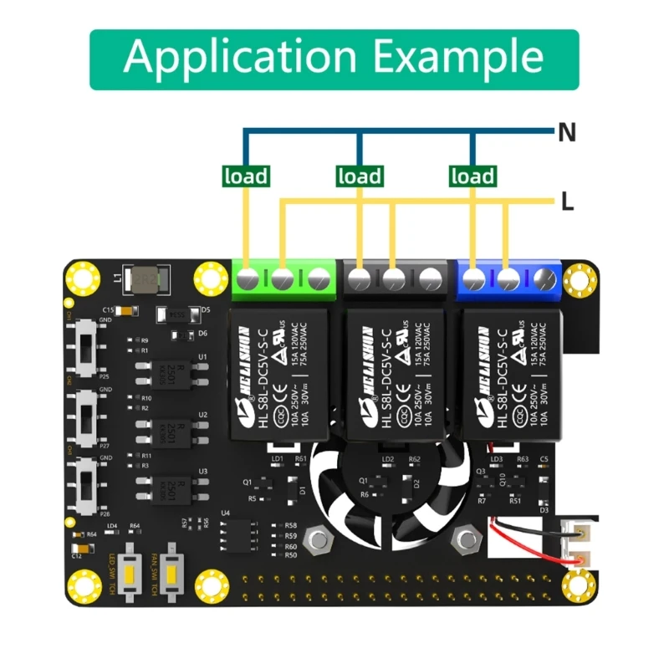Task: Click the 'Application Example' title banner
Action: pos(334,59)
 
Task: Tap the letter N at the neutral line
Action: pos(567,132)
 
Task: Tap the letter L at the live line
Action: pos(567,202)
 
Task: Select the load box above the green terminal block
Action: pos(247,176)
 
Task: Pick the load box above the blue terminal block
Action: pos(472,176)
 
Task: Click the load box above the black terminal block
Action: pos(360,176)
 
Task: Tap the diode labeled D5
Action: pos(176,315)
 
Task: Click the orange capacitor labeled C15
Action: pos(125,312)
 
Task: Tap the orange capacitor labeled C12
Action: pos(76,544)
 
